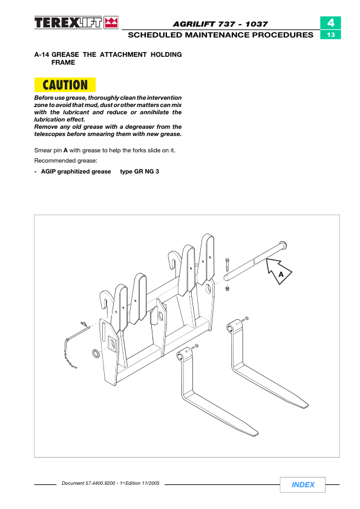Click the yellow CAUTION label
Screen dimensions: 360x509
click(x=65, y=85)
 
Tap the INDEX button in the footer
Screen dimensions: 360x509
click(x=303, y=485)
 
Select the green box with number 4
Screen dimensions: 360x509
click(x=330, y=23)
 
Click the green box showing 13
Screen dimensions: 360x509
click(x=330, y=34)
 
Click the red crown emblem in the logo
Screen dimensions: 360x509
click(x=111, y=23)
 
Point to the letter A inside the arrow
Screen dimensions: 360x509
click(x=281, y=274)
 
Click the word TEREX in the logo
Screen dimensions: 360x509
click(x=56, y=23)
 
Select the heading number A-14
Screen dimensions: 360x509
click(x=42, y=54)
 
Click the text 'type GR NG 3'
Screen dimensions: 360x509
click(x=139, y=172)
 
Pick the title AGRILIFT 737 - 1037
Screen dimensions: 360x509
click(x=220, y=24)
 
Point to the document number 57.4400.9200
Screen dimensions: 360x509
click(x=100, y=483)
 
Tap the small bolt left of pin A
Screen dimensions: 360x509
click(x=227, y=265)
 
